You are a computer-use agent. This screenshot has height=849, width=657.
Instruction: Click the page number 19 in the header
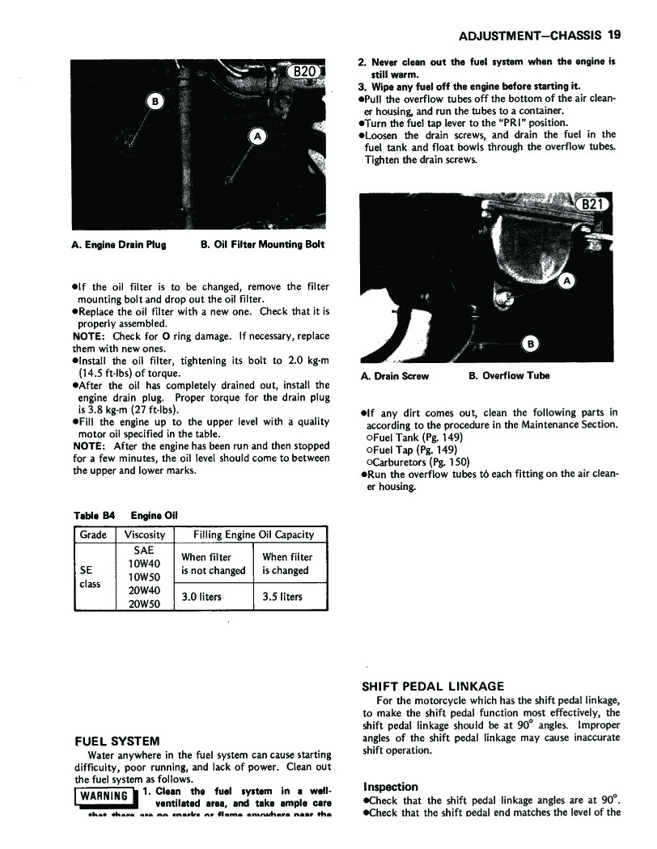click(x=612, y=36)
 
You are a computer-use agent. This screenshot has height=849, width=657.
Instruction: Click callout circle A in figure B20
click(x=258, y=136)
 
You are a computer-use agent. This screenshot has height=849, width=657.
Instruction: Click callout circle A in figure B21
click(x=567, y=281)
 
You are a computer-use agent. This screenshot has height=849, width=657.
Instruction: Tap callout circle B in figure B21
click(x=530, y=344)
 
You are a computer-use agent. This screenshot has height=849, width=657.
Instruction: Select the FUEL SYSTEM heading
click(x=117, y=741)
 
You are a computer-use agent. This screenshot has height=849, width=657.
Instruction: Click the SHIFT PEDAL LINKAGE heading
click(x=432, y=686)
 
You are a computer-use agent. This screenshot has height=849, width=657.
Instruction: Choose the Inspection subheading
click(x=391, y=787)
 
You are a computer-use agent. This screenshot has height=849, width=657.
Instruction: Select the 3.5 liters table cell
click(x=282, y=597)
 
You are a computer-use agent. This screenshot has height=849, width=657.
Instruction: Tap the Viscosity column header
click(x=145, y=534)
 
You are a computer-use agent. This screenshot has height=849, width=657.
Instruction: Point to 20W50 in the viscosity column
click(x=145, y=603)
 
